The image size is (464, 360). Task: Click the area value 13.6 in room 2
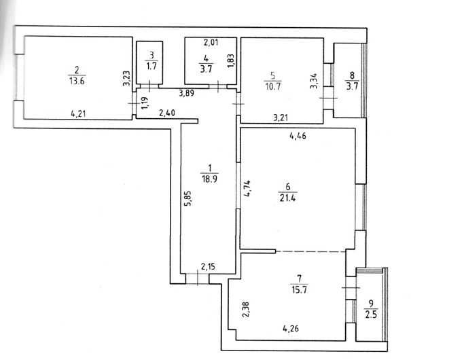coord(77,81)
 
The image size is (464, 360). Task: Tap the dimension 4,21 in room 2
coord(78,113)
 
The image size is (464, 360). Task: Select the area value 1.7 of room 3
coord(151,66)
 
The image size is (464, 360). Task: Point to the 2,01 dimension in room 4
coord(211,43)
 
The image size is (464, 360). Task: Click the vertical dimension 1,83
coord(231,61)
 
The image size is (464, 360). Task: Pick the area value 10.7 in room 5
coord(273,86)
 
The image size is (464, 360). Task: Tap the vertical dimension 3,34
coord(314,81)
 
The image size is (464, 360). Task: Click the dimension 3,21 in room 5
coord(281,118)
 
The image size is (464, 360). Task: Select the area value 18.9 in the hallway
coord(209,179)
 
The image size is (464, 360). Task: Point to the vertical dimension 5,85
coord(189,198)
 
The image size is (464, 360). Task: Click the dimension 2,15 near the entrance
coord(208,267)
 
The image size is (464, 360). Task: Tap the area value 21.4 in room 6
coord(287,197)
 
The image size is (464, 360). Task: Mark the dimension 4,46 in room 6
coord(298,137)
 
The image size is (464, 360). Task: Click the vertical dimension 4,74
coord(247,188)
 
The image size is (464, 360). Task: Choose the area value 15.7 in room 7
coord(299,289)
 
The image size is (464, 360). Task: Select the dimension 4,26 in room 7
coord(291,328)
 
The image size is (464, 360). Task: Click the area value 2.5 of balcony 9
coord(371,314)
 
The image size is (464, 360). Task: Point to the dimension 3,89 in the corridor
coord(187,93)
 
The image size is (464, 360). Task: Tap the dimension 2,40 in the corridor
coord(167,113)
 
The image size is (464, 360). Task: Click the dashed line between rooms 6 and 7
coord(310,251)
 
